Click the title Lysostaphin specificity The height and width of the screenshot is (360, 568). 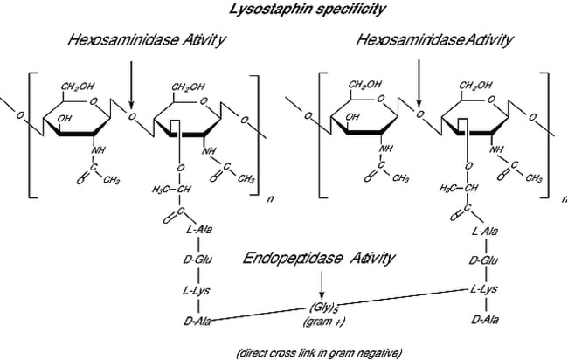click(x=284, y=9)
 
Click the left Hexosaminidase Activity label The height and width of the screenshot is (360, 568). click(x=143, y=41)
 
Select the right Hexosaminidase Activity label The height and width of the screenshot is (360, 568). click(x=434, y=41)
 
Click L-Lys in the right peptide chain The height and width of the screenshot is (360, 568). click(x=483, y=289)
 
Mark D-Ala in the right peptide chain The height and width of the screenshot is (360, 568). click(x=483, y=320)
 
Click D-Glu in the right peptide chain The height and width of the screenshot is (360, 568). click(x=483, y=260)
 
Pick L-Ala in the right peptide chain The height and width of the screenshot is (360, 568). click(x=483, y=231)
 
